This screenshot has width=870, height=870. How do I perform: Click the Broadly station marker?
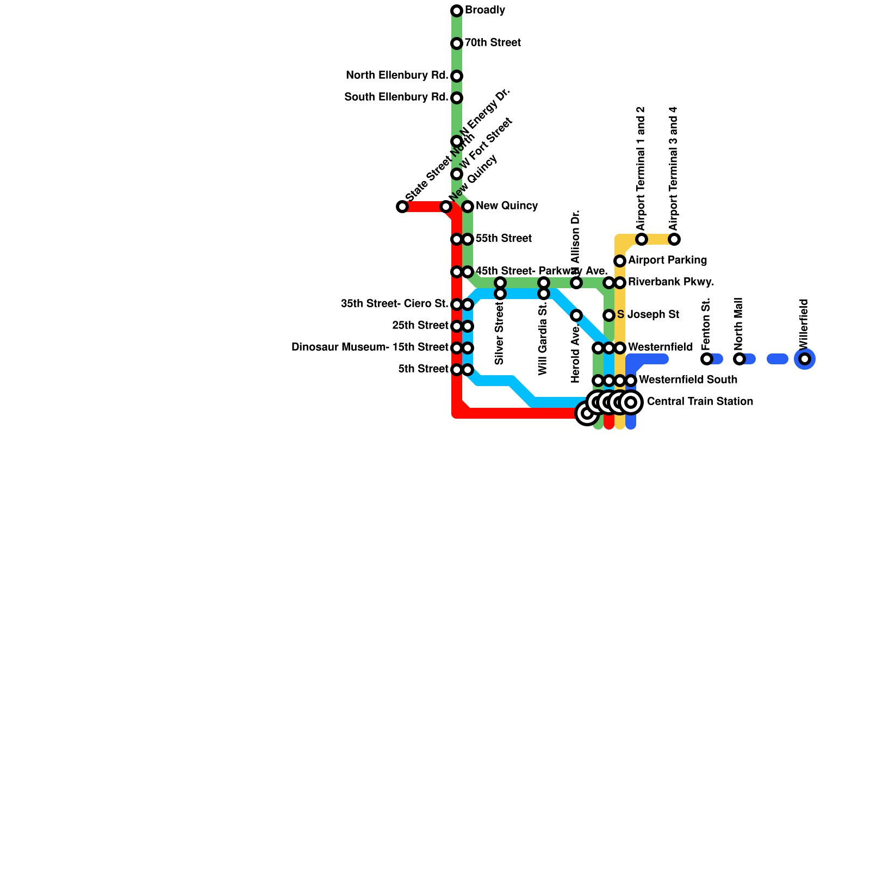tap(457, 11)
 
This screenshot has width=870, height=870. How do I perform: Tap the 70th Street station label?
tap(493, 43)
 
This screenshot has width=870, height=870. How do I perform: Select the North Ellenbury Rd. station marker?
tap(457, 76)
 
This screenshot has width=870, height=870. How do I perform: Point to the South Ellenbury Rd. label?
tap(396, 98)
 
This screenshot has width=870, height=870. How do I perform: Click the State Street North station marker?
tap(402, 207)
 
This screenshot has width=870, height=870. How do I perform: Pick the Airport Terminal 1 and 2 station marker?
tap(642, 239)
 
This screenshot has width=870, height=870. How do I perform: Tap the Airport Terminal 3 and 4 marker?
tap(674, 239)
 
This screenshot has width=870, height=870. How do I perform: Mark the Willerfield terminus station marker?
tap(805, 359)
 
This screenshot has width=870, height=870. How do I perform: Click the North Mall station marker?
tap(739, 359)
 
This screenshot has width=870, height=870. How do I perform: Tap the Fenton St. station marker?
tap(706, 359)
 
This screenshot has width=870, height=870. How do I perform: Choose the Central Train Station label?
tap(700, 402)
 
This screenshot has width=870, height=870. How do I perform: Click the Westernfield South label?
tap(688, 380)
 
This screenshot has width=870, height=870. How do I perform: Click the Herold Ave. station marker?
tap(576, 315)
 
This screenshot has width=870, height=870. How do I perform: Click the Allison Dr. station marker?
tap(576, 283)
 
